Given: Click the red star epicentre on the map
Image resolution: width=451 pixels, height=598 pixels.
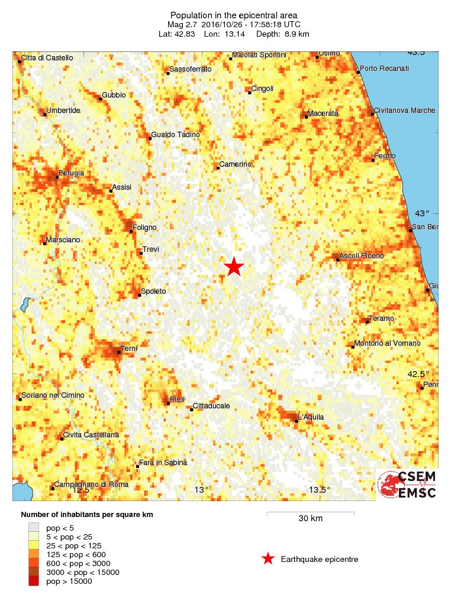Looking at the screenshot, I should tap(234, 267).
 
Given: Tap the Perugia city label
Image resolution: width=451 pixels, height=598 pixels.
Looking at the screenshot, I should tap(71, 173).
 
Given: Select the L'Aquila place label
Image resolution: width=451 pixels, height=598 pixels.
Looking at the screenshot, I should tap(311, 417).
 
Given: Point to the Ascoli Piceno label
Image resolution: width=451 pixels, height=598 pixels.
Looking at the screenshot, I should tap(362, 256).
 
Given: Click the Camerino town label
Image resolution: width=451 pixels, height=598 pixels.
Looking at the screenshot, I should tap(236, 164).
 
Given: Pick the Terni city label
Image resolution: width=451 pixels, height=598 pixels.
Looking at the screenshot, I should tap(128, 349).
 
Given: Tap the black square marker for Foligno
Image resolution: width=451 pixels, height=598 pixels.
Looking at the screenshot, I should tap(131, 231).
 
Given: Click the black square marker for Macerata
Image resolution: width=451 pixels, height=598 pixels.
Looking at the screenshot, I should tap(306, 117).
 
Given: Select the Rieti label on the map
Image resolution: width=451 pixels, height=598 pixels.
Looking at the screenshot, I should tap(178, 399).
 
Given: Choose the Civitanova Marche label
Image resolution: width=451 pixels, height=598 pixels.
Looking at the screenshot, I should tap(405, 110).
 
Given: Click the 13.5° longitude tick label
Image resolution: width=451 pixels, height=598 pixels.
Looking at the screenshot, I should tap(320, 489).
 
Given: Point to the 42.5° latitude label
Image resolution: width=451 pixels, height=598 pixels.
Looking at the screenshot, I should tap(418, 374).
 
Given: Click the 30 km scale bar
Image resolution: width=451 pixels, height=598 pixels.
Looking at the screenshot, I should tap(310, 513).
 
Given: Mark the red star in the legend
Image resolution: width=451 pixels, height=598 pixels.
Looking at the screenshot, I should tap(268, 559).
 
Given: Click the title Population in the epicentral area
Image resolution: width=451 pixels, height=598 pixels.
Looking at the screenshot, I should tap(233, 15).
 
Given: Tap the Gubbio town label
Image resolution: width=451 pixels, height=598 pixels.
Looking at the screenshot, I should tap(114, 95).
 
